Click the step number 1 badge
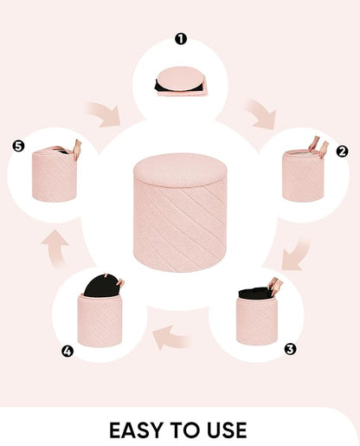pyautogui.click(x=181, y=39)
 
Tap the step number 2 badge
pyautogui.click(x=342, y=151)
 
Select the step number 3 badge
pyautogui.click(x=290, y=349)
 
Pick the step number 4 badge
pyautogui.click(x=67, y=352)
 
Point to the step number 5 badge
pyautogui.click(x=18, y=146)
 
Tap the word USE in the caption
pyautogui.click(x=227, y=430)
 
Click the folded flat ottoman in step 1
pyautogui.click(x=181, y=81)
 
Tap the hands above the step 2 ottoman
pyautogui.click(x=318, y=146)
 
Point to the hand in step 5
pyautogui.click(x=77, y=149)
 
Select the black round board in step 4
pyautogui.click(x=101, y=286)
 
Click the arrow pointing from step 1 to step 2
pyautogui.click(x=261, y=114)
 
